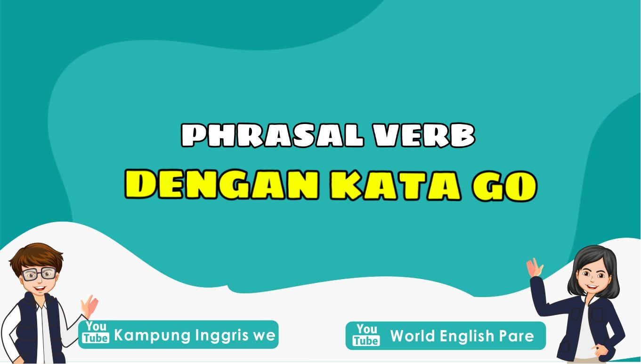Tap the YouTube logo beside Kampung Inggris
coord(96,333)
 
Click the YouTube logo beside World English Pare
coord(367,335)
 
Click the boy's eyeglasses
coord(40,273)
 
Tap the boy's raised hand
coord(89,306)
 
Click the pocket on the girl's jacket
coord(598,315)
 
